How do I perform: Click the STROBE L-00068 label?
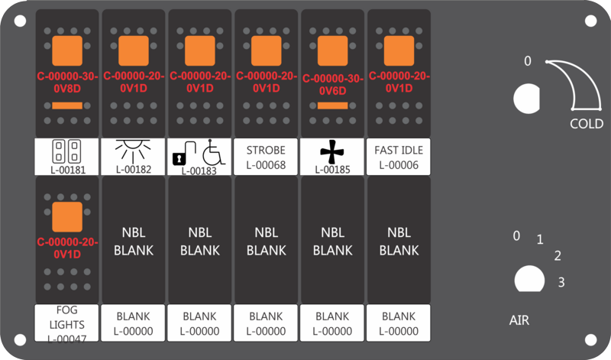point(266,157)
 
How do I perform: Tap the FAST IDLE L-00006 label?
point(399,157)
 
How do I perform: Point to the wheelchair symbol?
point(213,152)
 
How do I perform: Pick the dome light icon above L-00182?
point(133,151)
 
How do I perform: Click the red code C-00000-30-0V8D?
point(67,83)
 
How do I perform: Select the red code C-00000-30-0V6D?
point(333,84)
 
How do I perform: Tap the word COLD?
point(587,124)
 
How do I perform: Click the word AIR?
point(519,320)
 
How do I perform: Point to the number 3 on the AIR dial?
point(561,282)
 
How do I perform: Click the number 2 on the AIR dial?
point(558,256)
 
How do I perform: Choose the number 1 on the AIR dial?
point(540,239)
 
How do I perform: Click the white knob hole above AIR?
point(529,279)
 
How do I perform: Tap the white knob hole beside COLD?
point(527,99)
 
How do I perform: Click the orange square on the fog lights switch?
point(67,217)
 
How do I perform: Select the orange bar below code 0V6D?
point(333,105)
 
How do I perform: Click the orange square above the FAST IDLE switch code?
point(399,50)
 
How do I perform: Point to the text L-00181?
point(68,170)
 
